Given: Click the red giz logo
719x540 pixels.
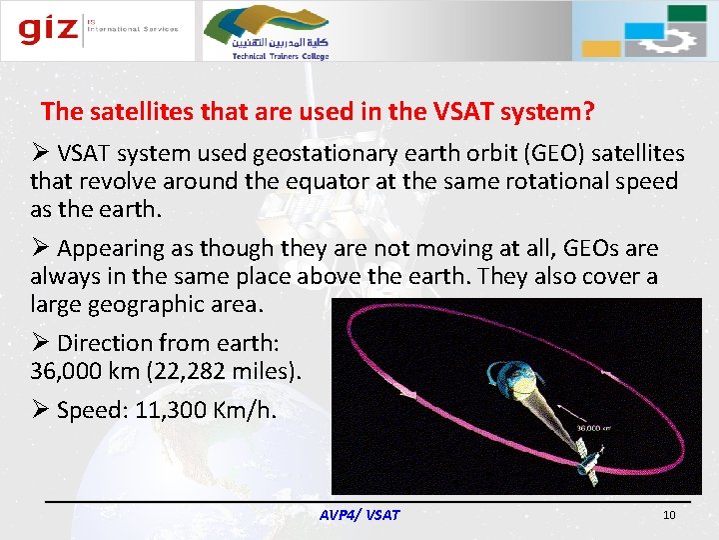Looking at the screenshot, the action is pos(48,29).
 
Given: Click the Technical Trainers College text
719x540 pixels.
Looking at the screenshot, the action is pos(281,56).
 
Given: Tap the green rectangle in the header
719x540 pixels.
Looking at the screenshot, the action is pos(686,13).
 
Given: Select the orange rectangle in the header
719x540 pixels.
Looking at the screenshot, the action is pos(601,49).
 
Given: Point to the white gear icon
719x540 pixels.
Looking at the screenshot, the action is pos(666,40).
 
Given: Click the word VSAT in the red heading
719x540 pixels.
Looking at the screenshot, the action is pos(462,111).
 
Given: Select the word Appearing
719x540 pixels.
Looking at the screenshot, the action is pos(111,249).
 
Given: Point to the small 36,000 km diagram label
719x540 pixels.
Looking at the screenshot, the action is pos(593,428).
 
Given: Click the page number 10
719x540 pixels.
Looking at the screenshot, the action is pos(669,515).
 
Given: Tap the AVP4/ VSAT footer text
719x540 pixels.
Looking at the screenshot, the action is pos(359,515).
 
